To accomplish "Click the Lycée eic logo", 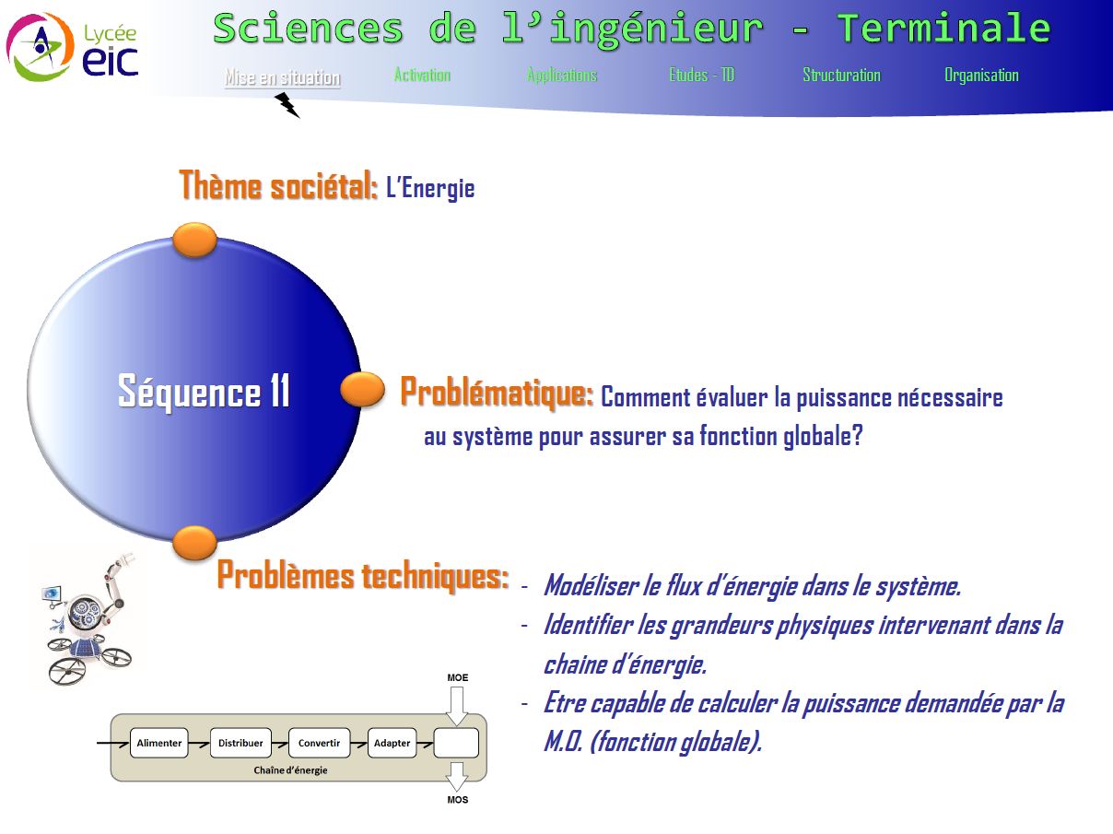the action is pyautogui.click(x=72, y=47).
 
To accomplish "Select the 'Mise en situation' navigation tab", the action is pyautogui.click(x=283, y=77).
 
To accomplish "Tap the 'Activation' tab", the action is pyautogui.click(x=422, y=75).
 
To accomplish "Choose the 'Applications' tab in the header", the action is pyautogui.click(x=562, y=75).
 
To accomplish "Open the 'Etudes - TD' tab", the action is pyautogui.click(x=702, y=75).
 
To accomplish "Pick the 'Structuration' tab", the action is pyautogui.click(x=842, y=75).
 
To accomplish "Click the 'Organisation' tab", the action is pyautogui.click(x=981, y=75).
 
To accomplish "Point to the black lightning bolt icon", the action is pyautogui.click(x=287, y=104).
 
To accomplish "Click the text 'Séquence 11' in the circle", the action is pyautogui.click(x=204, y=391).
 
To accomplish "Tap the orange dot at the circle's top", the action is pyautogui.click(x=194, y=240).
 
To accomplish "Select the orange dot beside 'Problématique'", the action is pyautogui.click(x=362, y=389).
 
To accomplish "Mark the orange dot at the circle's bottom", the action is pyautogui.click(x=194, y=543).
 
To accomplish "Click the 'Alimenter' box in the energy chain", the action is pyautogui.click(x=159, y=743).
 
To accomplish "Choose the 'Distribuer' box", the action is pyautogui.click(x=240, y=743).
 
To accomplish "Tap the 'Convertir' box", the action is pyautogui.click(x=319, y=743).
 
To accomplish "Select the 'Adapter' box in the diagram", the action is pyautogui.click(x=392, y=743).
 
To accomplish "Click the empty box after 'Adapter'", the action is pyautogui.click(x=456, y=743).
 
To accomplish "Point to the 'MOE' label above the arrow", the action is pyautogui.click(x=457, y=678).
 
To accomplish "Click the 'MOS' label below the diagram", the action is pyautogui.click(x=457, y=800).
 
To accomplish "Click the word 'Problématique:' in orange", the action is pyautogui.click(x=497, y=393).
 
